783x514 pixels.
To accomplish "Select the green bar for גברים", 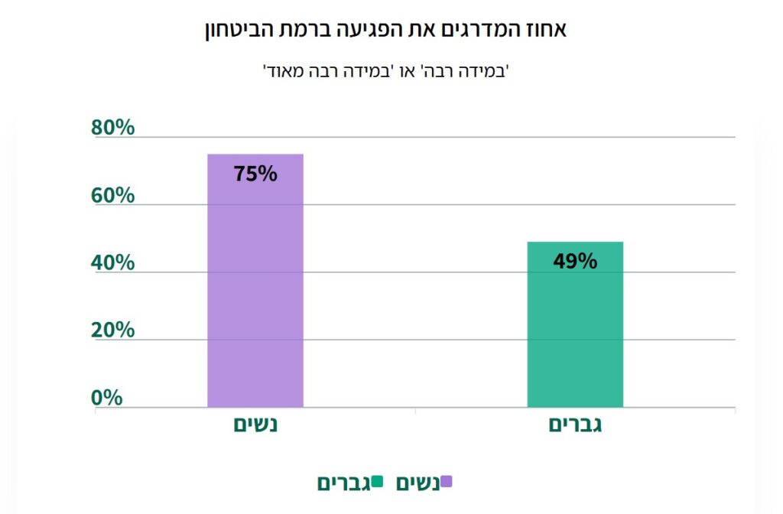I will (x=575, y=329).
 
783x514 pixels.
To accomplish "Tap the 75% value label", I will (x=255, y=174).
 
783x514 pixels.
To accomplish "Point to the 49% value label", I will (x=575, y=262).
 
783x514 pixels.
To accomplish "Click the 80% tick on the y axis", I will (x=113, y=128).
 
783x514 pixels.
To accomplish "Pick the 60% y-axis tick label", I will (x=113, y=195).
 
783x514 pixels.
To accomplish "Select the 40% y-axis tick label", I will (x=113, y=262).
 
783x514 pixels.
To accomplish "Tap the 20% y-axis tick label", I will (x=113, y=330).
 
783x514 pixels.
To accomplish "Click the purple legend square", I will (x=447, y=481).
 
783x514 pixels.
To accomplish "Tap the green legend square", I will (x=377, y=481).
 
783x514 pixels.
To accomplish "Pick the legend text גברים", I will (x=344, y=483).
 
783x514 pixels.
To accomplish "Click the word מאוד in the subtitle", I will (x=282, y=73).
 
